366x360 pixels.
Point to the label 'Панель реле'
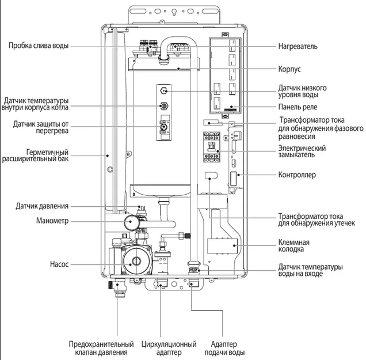pos(297,107)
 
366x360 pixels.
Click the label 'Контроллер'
pos(297,174)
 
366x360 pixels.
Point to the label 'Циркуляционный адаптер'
pos(161,348)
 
